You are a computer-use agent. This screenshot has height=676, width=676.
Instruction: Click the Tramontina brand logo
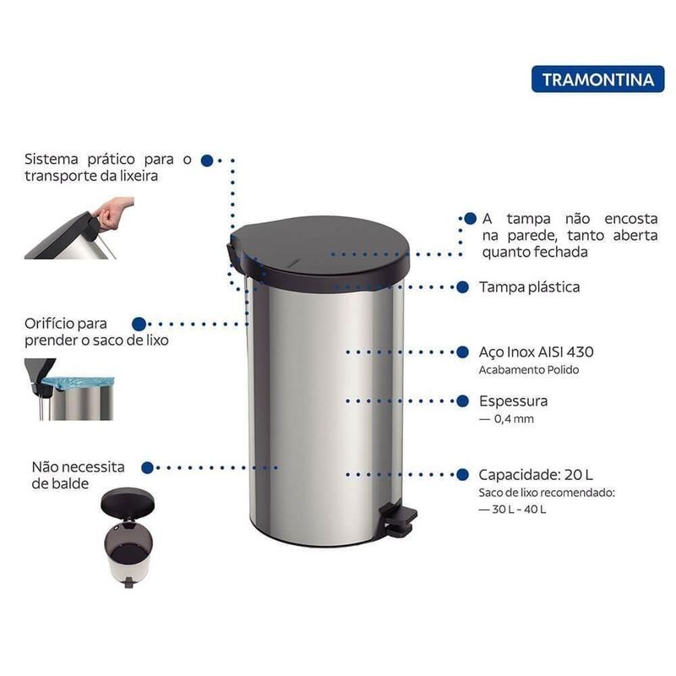[x=598, y=79]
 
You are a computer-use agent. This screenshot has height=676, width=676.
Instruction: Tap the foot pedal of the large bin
[x=398, y=520]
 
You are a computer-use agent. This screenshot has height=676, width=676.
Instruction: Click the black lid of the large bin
[x=320, y=249]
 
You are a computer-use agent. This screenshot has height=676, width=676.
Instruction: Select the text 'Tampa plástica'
[x=530, y=287]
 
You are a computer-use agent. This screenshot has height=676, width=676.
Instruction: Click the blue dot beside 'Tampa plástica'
[x=462, y=287]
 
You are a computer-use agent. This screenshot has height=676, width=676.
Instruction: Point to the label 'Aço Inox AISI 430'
[x=536, y=352]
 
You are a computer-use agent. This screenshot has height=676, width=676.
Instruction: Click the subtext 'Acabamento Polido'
[x=529, y=370]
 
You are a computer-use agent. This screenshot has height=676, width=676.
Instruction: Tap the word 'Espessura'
[x=513, y=401]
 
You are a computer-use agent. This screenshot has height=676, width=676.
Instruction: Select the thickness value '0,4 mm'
[x=514, y=418]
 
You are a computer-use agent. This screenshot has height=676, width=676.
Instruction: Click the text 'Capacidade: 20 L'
[x=536, y=475]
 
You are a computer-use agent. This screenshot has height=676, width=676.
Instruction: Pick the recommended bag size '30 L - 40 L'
[x=519, y=510]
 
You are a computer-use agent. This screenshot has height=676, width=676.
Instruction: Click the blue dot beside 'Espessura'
[x=462, y=401]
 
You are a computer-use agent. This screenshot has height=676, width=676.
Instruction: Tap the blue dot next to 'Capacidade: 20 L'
[x=462, y=475]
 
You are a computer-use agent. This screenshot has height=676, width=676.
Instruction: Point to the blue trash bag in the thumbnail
[x=79, y=384]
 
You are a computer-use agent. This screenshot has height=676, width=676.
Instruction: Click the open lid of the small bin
[x=128, y=502]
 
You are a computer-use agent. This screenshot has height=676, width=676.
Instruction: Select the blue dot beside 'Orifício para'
[x=139, y=324]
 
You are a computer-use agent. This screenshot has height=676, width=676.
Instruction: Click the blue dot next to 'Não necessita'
[x=147, y=467]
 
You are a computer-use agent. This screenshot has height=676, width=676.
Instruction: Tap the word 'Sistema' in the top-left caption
[x=52, y=159]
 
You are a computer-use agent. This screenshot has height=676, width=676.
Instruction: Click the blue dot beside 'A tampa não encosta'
[x=470, y=219]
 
